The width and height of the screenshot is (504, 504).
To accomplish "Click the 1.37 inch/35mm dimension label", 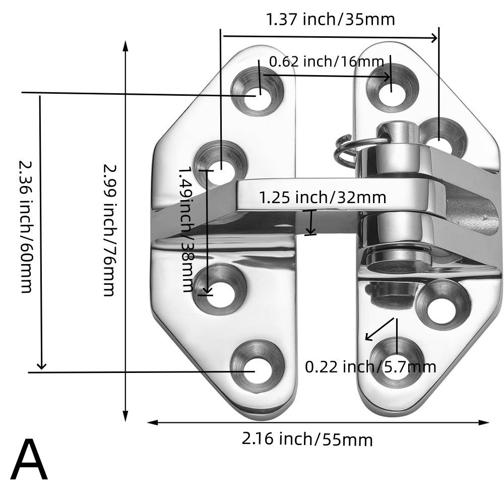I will (x=330, y=19).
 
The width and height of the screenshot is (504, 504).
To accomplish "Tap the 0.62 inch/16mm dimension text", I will (x=326, y=62).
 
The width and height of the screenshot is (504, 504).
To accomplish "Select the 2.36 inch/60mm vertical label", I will (x=26, y=226).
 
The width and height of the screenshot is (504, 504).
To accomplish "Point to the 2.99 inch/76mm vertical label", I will (x=109, y=230).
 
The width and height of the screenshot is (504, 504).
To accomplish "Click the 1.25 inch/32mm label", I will (x=323, y=197).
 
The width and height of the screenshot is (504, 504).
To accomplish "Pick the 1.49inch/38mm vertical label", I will (x=186, y=229).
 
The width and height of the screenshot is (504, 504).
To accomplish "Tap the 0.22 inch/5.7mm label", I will (x=370, y=366).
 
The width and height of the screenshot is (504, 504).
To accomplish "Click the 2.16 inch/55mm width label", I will (x=307, y=439).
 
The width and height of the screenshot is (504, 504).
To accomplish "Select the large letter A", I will (x=29, y=461).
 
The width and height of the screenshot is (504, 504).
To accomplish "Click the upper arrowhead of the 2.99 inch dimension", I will (x=125, y=45).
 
